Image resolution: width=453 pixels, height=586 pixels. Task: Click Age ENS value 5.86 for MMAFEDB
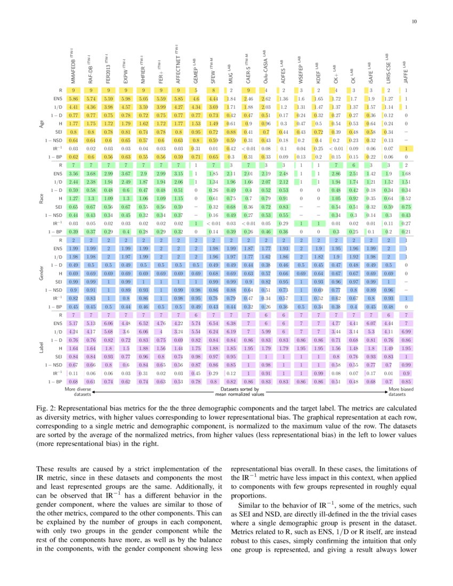pyautogui.click(x=73, y=99)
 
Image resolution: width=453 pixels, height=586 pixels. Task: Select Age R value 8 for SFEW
pyautogui.click(x=213, y=91)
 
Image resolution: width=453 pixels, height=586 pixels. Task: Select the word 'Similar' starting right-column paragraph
pyautogui.click(x=251, y=504)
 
